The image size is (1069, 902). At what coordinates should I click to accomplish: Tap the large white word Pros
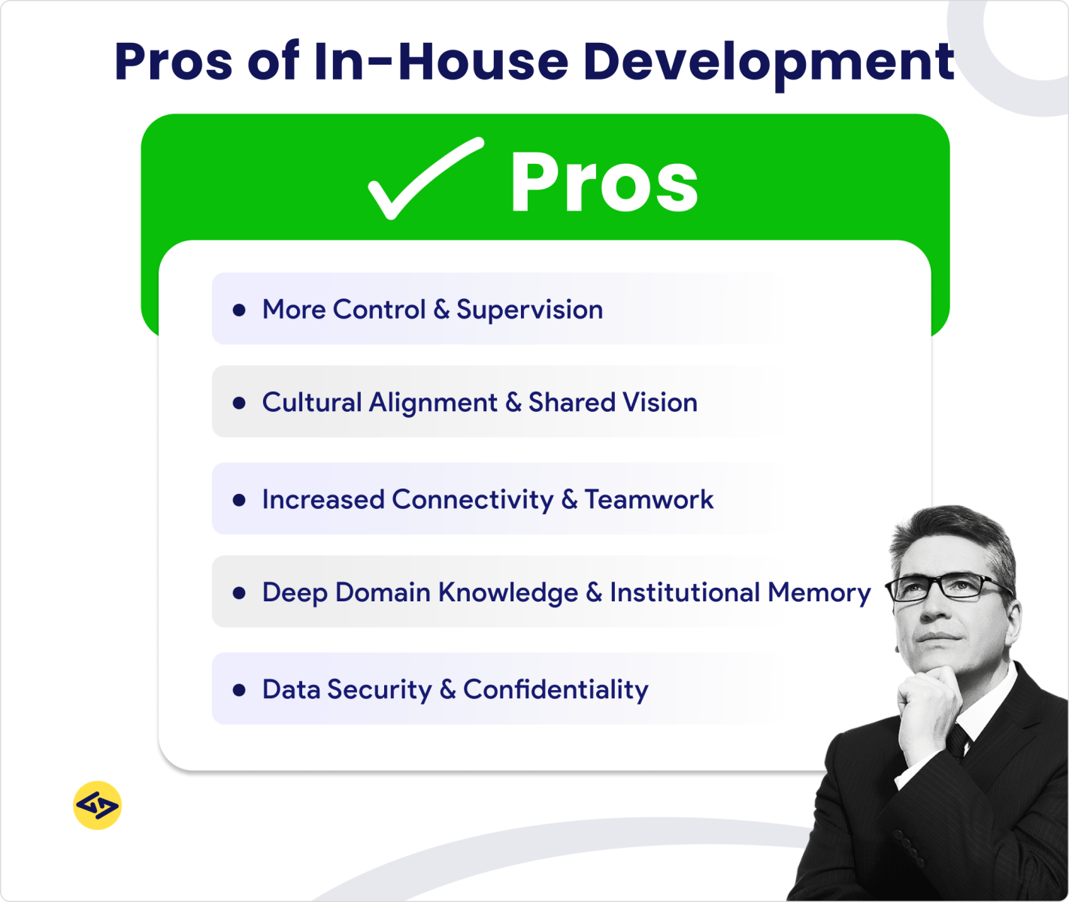pyautogui.click(x=604, y=183)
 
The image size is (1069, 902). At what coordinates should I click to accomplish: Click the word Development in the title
pyautogui.click(x=768, y=62)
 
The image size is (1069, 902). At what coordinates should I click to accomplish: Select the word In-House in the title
pyautogui.click(x=441, y=62)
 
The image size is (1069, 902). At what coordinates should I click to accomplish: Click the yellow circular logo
pyautogui.click(x=98, y=805)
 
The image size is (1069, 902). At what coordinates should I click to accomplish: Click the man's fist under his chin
pyautogui.click(x=928, y=707)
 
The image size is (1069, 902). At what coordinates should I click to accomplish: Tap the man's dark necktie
pyautogui.click(x=958, y=740)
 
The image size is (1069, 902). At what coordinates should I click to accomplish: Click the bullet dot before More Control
pyautogui.click(x=239, y=310)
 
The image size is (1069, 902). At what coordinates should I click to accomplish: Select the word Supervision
pyautogui.click(x=529, y=310)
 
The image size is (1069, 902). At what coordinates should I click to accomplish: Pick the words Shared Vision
pyautogui.click(x=613, y=403)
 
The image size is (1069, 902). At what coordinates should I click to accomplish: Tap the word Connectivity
pyautogui.click(x=472, y=500)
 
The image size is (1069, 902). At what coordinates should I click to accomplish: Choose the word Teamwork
pyautogui.click(x=649, y=500)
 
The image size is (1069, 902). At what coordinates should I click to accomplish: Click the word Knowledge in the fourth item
pyautogui.click(x=508, y=592)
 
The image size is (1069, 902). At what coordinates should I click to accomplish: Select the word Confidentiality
pyautogui.click(x=556, y=689)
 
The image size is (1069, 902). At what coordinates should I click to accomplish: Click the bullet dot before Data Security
pyautogui.click(x=239, y=689)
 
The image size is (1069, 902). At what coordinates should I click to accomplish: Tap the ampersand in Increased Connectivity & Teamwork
pyautogui.click(x=569, y=500)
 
